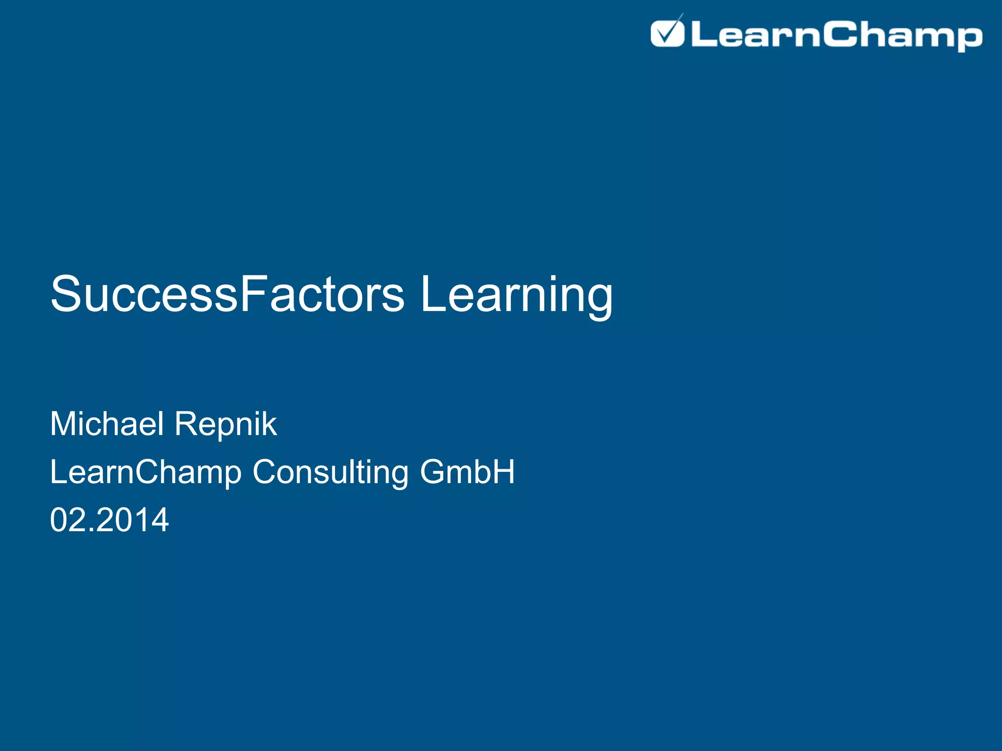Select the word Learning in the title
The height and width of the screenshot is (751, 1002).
pyautogui.click(x=516, y=295)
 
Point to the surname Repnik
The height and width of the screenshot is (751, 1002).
pyautogui.click(x=226, y=424)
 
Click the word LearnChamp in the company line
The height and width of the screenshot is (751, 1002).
pyautogui.click(x=146, y=472)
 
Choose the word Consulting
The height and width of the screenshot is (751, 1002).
pyautogui.click(x=330, y=472)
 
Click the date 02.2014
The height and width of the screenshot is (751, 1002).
pyautogui.click(x=110, y=520)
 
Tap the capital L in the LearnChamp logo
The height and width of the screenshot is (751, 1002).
pyautogui.click(x=703, y=35)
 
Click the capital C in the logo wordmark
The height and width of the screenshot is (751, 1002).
pyautogui.click(x=839, y=34)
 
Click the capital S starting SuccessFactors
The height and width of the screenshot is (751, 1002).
pyautogui.click(x=67, y=294)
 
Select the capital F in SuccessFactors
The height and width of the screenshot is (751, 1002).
pyautogui.click(x=253, y=294)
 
